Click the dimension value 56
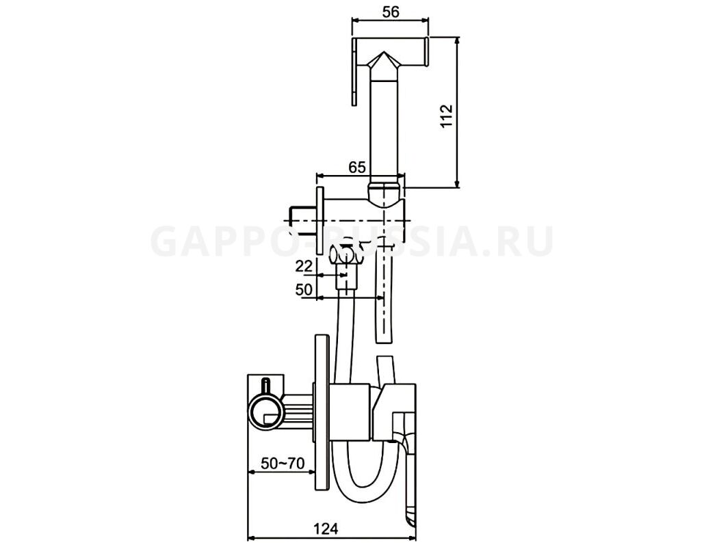(x=391, y=12)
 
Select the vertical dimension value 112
(x=447, y=116)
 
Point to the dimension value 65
(x=357, y=167)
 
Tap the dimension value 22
(x=304, y=267)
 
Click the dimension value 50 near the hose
(x=304, y=290)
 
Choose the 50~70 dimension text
(x=283, y=463)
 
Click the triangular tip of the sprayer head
(x=383, y=53)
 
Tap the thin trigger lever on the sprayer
(x=354, y=72)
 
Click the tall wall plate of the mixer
(x=322, y=413)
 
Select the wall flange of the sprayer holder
(x=320, y=220)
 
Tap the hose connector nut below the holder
(x=346, y=277)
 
